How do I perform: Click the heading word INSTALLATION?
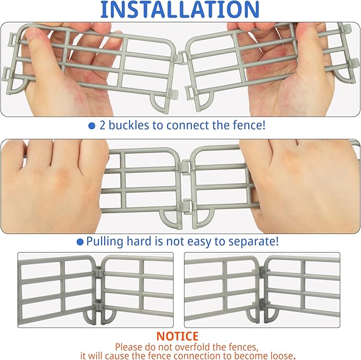coord(180,9)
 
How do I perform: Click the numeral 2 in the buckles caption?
coord(103,126)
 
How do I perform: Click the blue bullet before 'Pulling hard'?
coord(80,241)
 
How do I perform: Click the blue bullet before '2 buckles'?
coord(91,126)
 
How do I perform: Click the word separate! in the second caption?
coord(251,241)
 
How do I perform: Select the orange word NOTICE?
coord(177,336)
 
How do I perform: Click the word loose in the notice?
coord(281,355)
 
